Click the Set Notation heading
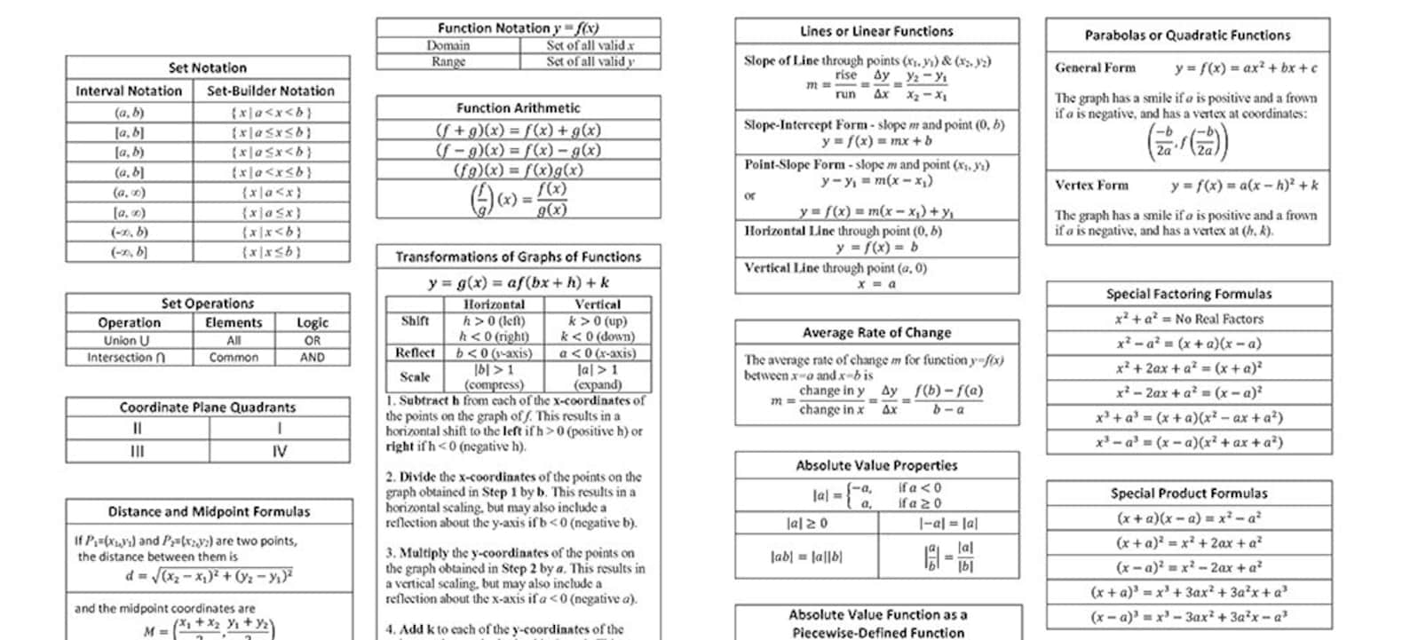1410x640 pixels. pyautogui.click(x=208, y=67)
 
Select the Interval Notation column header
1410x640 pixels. pyautogui.click(x=129, y=91)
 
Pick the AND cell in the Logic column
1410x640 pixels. pyautogui.click(x=312, y=357)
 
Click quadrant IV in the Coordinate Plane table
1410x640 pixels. pyautogui.click(x=279, y=451)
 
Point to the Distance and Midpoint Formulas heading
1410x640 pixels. pyautogui.click(x=209, y=511)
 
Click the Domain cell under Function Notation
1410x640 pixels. pyautogui.click(x=448, y=45)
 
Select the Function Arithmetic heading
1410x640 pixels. pyautogui.click(x=519, y=107)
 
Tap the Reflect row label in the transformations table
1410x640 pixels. pyautogui.click(x=415, y=352)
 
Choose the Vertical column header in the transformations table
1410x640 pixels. pyautogui.click(x=598, y=304)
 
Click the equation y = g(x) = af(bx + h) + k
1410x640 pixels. pyautogui.click(x=519, y=282)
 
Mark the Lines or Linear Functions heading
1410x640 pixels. pyautogui.click(x=876, y=31)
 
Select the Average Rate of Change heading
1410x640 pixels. pyautogui.click(x=876, y=332)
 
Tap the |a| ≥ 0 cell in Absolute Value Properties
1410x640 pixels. pyautogui.click(x=806, y=524)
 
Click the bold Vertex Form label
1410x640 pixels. pyautogui.click(x=1091, y=186)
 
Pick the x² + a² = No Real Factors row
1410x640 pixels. pyautogui.click(x=1189, y=319)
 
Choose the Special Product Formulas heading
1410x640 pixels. pyautogui.click(x=1189, y=493)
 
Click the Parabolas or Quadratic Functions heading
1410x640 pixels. pyautogui.click(x=1187, y=36)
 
